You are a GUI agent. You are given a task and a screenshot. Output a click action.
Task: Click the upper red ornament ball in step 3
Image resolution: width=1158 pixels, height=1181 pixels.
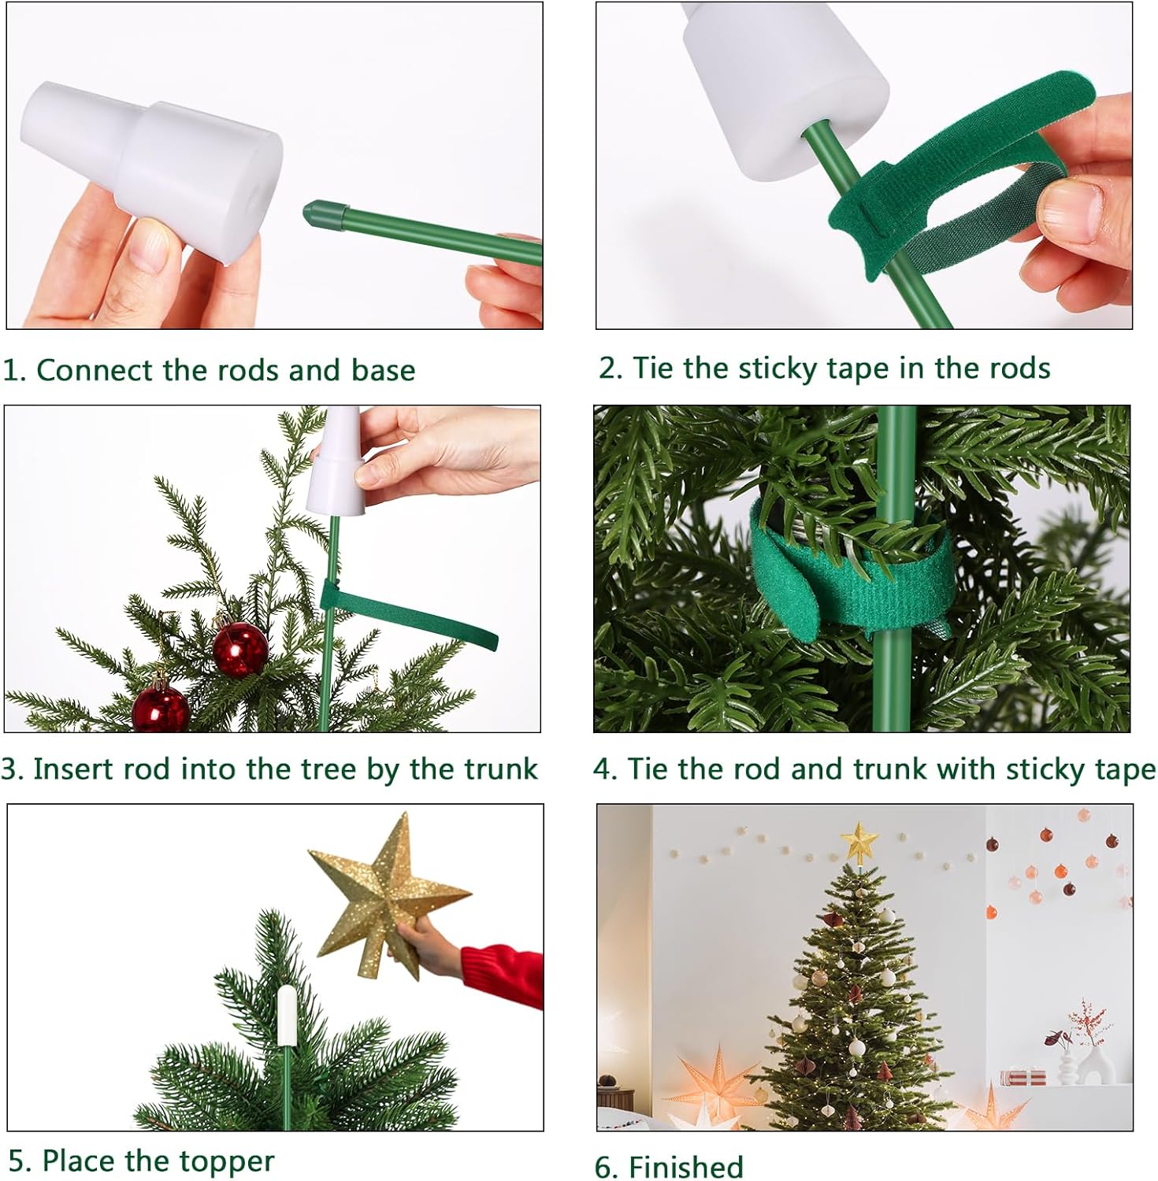click(240, 649)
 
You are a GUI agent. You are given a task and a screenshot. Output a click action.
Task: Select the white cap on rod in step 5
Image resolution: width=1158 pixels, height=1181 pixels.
click(287, 1016)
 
